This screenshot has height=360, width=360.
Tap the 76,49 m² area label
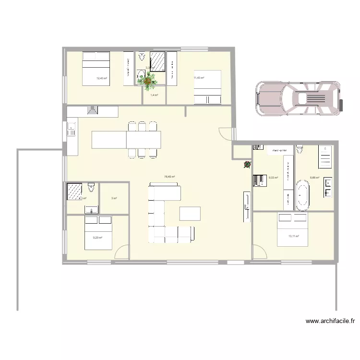[169, 177]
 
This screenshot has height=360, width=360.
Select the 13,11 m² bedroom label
[293, 236]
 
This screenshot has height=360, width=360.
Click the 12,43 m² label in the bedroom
[101, 79]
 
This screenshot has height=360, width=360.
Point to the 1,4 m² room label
[154, 96]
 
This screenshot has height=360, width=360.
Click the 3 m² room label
[114, 198]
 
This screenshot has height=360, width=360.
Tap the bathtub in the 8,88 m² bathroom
[302, 195]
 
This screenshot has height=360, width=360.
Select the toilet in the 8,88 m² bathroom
[300, 149]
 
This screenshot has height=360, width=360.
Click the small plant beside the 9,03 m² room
[247, 165]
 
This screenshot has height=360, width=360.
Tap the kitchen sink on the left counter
[71, 128]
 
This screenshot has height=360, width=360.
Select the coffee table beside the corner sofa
[191, 213]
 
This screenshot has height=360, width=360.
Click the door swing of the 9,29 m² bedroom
[122, 252]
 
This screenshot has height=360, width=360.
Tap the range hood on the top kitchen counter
[92, 111]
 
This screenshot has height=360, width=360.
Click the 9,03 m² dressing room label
[274, 178]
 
